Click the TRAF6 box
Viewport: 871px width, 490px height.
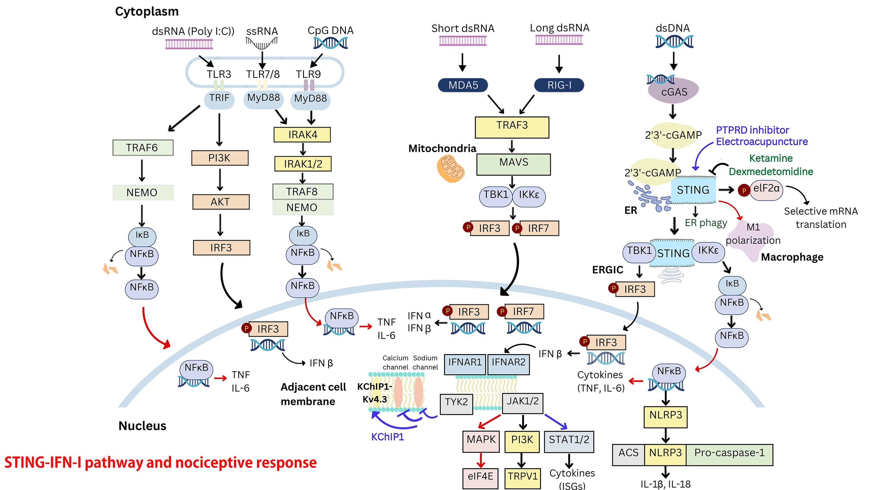click(142, 148)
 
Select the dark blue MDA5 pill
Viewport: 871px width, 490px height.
click(463, 85)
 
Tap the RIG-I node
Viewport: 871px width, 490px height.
click(559, 85)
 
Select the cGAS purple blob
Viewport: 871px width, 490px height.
click(673, 91)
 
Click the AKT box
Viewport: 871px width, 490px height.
click(221, 202)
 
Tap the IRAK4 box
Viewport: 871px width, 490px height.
click(302, 135)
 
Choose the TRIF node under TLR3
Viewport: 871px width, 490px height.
click(219, 99)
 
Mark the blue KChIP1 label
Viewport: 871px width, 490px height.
click(388, 437)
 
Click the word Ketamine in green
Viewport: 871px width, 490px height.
click(771, 158)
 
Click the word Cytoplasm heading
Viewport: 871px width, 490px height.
click(147, 12)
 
